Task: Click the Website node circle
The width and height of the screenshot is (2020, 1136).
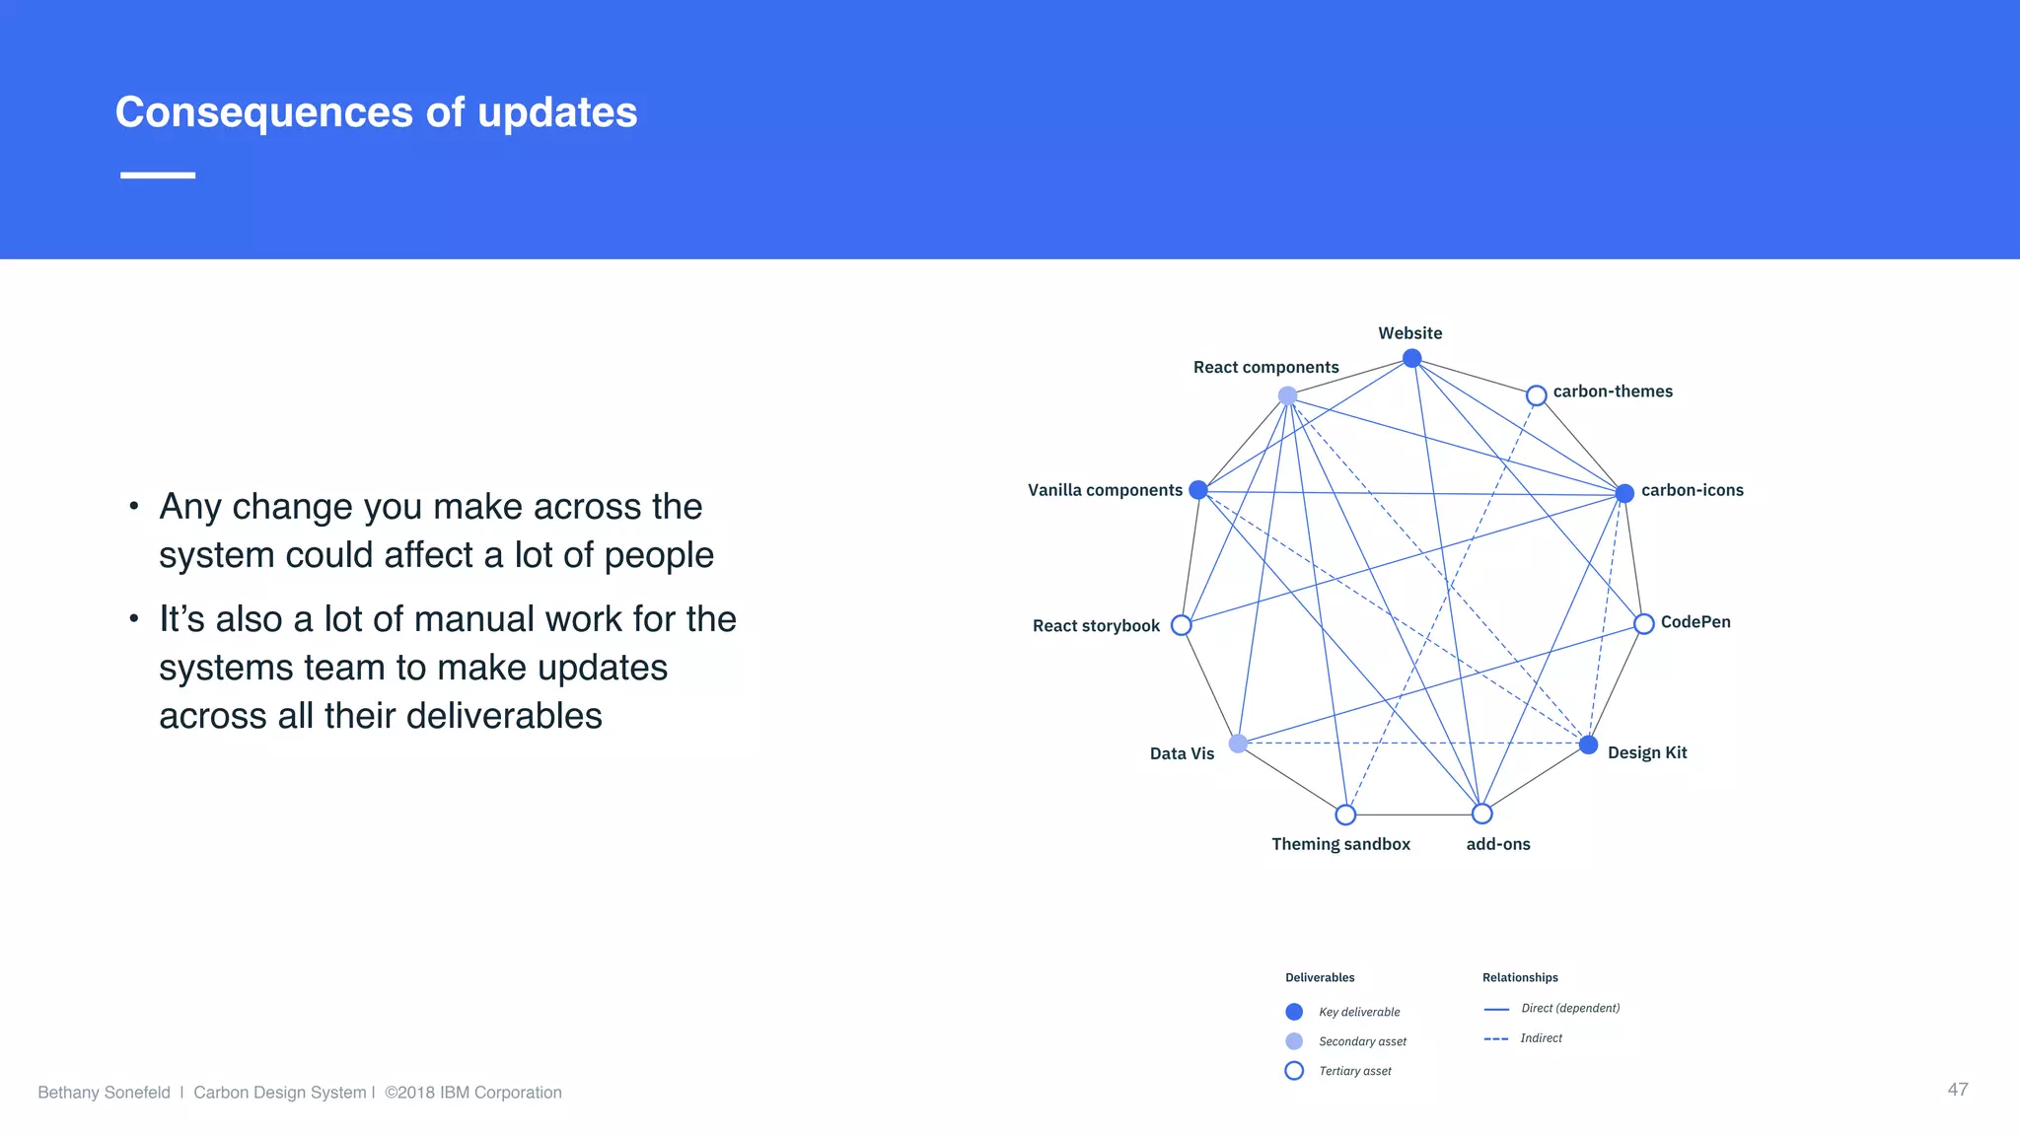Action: [1411, 358]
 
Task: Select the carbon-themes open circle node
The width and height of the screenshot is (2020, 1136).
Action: [1536, 395]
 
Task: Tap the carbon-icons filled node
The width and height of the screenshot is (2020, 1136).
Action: [1624, 493]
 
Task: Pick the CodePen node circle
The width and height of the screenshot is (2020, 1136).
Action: [1643, 624]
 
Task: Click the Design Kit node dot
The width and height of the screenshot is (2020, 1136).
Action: [1588, 745]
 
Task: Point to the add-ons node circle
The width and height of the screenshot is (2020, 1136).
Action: [1481, 814]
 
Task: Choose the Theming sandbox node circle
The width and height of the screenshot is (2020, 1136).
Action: [1345, 815]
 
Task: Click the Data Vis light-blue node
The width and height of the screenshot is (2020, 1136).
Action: [1238, 744]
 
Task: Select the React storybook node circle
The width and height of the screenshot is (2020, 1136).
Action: [1181, 625]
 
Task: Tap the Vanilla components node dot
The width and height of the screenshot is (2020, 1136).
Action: [1198, 490]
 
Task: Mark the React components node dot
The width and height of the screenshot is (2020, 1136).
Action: [1287, 395]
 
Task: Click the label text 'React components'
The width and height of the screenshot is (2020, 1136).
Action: [1265, 367]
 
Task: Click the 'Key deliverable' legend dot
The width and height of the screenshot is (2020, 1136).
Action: [1294, 1012]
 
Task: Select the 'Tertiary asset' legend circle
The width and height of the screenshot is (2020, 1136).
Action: [1294, 1071]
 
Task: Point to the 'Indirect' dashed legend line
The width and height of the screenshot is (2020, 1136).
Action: [1496, 1039]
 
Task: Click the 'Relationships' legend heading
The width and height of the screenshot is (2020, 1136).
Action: [1520, 977]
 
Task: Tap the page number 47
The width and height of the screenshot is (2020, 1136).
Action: [1957, 1089]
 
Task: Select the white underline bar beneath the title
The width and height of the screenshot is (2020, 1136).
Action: [158, 176]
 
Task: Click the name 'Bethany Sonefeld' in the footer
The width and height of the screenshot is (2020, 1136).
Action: [104, 1093]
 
